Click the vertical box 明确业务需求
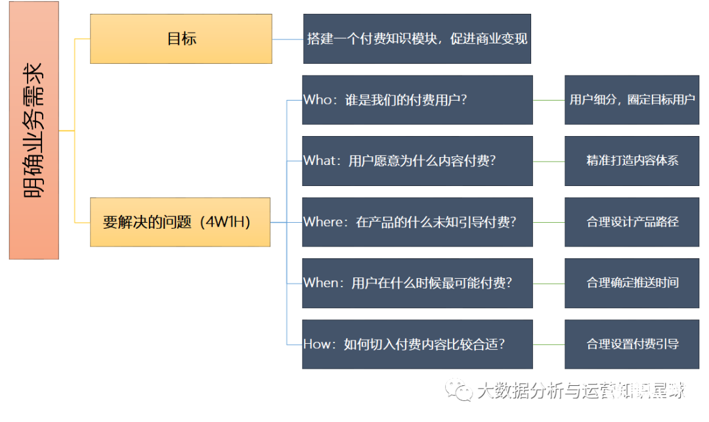[x=34, y=130]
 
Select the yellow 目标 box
[x=181, y=39]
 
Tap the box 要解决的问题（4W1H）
[x=180, y=222]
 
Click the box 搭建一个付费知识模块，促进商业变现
[x=417, y=39]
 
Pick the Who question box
[x=417, y=100]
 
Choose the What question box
[x=417, y=161]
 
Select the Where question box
[x=417, y=222]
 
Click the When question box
[x=417, y=283]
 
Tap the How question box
[x=417, y=344]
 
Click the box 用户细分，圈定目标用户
[x=632, y=100]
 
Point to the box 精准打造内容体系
[x=632, y=161]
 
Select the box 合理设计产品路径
[x=632, y=222]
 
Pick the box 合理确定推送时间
[x=632, y=283]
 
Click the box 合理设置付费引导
[x=632, y=344]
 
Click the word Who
[x=318, y=100]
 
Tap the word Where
[x=324, y=222]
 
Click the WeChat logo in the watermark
[x=458, y=391]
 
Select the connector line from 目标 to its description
[x=288, y=39]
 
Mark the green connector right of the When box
[x=549, y=283]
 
